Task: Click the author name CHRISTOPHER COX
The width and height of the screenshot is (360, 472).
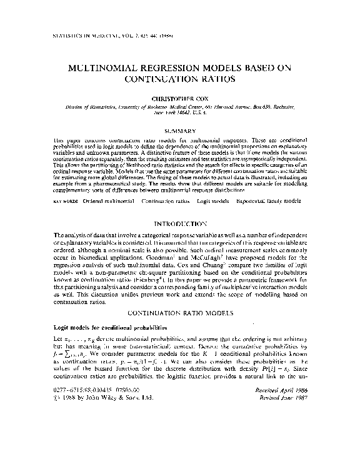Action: tap(180, 98)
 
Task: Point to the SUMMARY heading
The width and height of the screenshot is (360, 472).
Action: tap(180, 130)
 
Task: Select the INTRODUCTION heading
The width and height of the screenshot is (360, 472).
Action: tap(180, 223)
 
